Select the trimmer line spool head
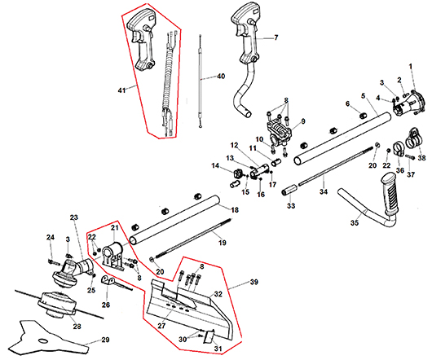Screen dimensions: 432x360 pos(57,305)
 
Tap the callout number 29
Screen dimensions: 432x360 pos(105,340)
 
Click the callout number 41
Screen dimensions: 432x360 pos(121,90)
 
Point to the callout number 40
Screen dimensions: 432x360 pos(221,76)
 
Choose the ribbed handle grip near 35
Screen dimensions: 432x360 pos(390,194)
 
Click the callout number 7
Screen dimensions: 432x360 pos(276,37)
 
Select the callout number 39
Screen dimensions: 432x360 pos(254,282)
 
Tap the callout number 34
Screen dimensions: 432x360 pos(324,191)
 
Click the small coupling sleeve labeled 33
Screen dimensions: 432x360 pos(289,191)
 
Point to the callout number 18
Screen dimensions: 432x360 pos(235,210)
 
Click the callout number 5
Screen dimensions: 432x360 pos(363,96)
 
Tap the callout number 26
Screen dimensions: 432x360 pos(105,305)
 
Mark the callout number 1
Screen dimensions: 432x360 pos(411,66)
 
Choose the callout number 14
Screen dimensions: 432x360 pos(215,165)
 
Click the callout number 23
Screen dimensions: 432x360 pos(74,217)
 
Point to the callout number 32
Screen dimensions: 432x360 pos(218,294)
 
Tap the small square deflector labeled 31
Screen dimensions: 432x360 pos(209,336)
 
